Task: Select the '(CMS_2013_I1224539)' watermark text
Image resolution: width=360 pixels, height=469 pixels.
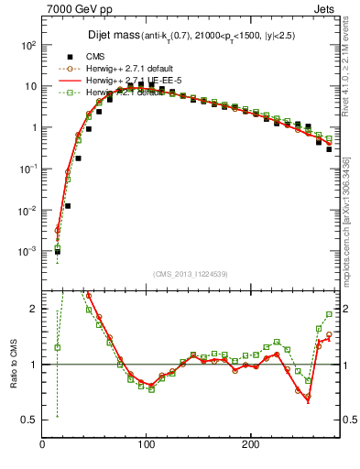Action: [190, 273]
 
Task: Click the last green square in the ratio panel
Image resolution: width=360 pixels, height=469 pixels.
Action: [329, 314]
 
